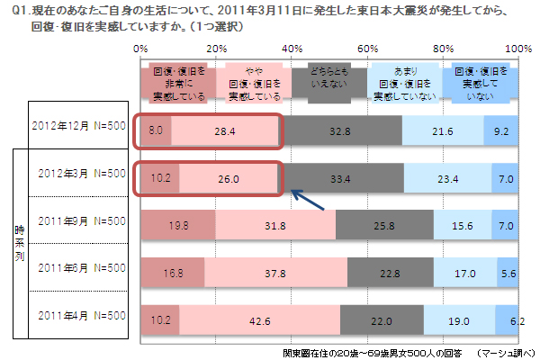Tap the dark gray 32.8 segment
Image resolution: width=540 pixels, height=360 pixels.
pos(339,131)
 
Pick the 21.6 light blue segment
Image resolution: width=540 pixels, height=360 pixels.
pos(443,131)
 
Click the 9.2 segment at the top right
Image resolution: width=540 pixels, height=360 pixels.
pos(501,131)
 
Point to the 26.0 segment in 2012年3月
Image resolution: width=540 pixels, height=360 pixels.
pos(229,177)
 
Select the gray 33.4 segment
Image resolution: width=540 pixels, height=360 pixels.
pos(341,177)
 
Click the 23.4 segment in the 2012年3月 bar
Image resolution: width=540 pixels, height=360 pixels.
pos(448,177)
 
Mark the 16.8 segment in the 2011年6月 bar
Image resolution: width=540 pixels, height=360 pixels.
pos(172,269)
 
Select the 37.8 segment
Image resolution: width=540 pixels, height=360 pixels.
pos(274,269)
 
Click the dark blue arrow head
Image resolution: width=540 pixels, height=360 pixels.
pos(292,191)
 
